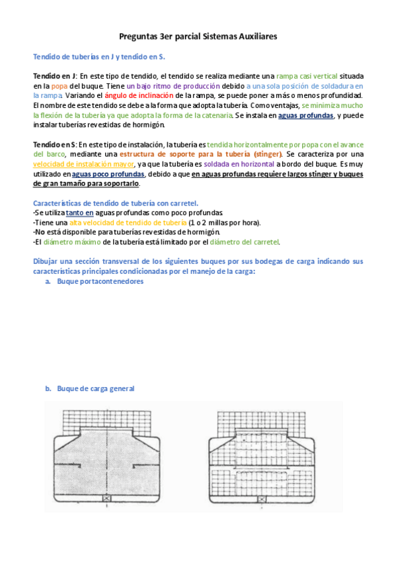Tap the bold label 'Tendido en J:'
56,76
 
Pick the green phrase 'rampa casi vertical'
307,76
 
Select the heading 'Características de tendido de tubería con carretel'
116,203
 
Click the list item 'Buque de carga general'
95,388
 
